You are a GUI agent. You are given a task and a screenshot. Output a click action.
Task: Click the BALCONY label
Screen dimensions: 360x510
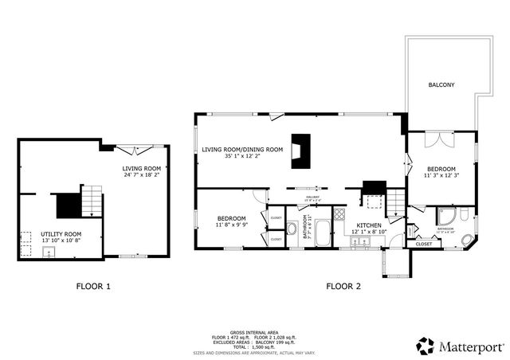tap(441, 84)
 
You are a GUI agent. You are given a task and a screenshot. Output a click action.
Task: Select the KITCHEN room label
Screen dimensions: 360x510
tap(369, 225)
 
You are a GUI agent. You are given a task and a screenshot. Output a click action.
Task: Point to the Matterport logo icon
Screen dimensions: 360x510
tap(425, 346)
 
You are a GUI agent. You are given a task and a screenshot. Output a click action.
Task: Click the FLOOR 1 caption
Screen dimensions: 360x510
tap(93, 285)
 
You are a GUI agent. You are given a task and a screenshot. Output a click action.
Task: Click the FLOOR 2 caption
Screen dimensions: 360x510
tap(343, 285)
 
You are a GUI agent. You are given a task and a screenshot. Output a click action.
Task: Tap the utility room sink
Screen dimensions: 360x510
tap(49, 252)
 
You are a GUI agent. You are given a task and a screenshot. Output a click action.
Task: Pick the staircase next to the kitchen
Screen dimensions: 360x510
tap(395, 202)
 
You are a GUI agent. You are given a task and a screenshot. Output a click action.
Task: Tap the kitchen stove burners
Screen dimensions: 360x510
tap(339, 213)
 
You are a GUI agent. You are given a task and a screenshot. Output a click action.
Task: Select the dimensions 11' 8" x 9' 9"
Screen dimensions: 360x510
tap(231, 225)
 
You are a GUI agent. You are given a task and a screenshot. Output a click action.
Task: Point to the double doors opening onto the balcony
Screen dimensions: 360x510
tap(436, 139)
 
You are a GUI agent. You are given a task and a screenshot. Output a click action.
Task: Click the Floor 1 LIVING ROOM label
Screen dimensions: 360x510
tap(141, 168)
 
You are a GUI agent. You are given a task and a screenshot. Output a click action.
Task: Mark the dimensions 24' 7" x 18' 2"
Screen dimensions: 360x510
tap(141, 175)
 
